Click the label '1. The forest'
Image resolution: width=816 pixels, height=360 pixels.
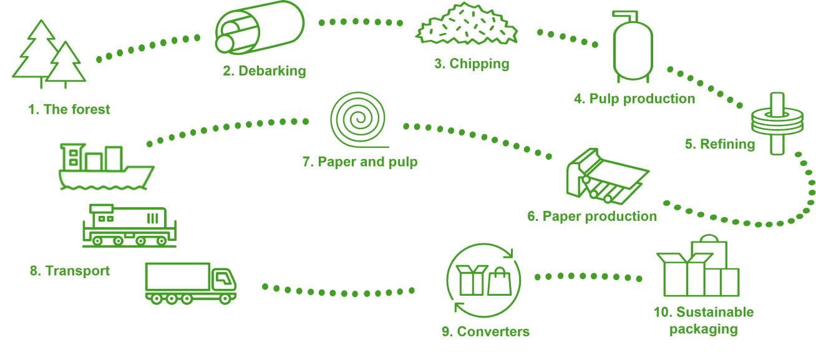69,109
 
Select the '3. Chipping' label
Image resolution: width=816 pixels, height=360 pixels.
472,64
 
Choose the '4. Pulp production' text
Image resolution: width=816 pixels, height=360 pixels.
634,99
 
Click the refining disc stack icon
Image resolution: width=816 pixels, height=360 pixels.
777,123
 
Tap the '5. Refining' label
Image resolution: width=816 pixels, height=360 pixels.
719,144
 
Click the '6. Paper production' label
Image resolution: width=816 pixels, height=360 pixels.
591,216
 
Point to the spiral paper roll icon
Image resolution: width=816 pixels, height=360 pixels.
358,119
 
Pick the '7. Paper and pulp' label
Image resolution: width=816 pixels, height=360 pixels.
360,162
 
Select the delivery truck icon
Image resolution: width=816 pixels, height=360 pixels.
190,283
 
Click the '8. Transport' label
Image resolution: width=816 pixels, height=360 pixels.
69,271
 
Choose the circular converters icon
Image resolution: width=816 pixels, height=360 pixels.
484,280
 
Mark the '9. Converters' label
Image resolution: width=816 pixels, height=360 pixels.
485,331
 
